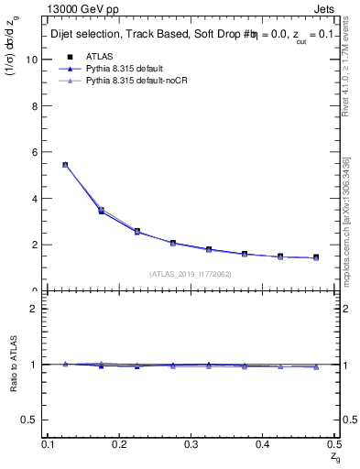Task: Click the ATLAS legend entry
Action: coord(99,57)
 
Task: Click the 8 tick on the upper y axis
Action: coord(37,106)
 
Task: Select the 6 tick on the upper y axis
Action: coord(37,152)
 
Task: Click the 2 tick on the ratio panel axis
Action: coord(37,309)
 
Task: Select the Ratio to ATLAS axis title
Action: coord(14,364)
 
